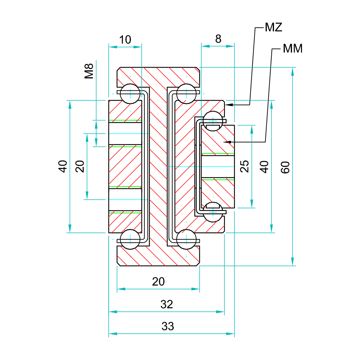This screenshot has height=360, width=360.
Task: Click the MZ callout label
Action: click(x=273, y=27)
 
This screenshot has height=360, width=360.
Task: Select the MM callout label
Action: click(x=293, y=48)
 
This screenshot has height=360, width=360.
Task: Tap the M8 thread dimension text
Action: click(x=89, y=71)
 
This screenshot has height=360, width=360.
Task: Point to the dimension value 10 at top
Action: click(x=125, y=39)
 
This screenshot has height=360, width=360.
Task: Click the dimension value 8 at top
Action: click(x=218, y=39)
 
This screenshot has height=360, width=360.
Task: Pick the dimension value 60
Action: click(x=285, y=167)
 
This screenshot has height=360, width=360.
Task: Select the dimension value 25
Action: click(x=244, y=166)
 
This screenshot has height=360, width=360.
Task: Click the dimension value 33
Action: click(x=168, y=326)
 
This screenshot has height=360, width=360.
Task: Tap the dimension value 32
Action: click(x=167, y=304)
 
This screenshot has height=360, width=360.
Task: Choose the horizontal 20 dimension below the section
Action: click(x=158, y=281)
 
